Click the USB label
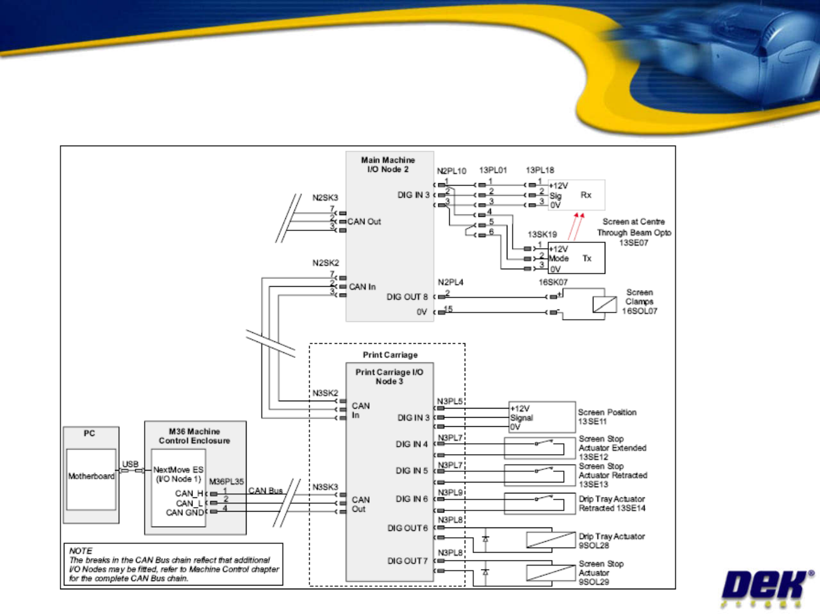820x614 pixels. pos(130,464)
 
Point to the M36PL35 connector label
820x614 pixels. pos(226,481)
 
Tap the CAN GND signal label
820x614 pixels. pos(184,513)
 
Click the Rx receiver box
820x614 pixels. pos(576,195)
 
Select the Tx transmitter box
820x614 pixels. pos(576,258)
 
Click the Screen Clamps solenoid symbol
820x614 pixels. pos(604,304)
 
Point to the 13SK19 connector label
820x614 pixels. pos(542,234)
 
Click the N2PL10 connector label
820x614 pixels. pos(452,171)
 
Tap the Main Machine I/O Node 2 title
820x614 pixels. pos(388,165)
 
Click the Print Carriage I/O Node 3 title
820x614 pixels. pos(389,377)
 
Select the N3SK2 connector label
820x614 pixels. pos(325,393)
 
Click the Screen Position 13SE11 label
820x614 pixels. pos(607,417)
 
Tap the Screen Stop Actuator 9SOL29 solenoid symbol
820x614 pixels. pos(551,572)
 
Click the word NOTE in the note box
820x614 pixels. pos(81,551)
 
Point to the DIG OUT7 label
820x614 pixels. pos(407,561)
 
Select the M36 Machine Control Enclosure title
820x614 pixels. pos(194,436)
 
